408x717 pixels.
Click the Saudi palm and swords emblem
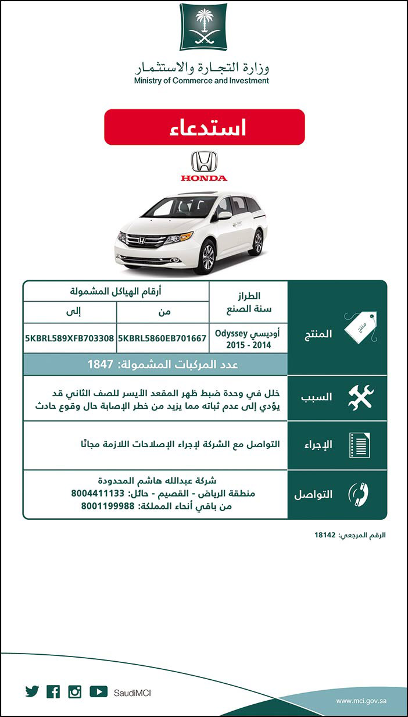203,27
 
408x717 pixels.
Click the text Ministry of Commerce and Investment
201,81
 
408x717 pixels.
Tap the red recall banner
204,127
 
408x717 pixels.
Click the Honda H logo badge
204,162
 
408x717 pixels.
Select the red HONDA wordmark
204,178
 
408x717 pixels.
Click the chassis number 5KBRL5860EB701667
162,338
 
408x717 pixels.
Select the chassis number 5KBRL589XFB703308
69,338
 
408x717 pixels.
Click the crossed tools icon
360,398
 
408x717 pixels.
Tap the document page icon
359,445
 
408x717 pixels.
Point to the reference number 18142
325,535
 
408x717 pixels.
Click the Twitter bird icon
32,692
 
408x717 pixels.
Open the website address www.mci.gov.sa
361,701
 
